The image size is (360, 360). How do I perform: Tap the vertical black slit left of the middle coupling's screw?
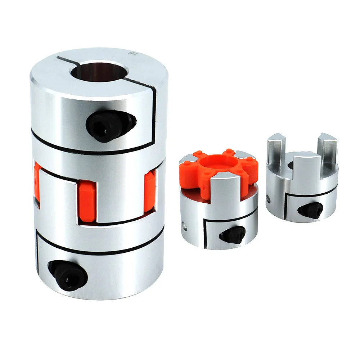coord(205,234)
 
